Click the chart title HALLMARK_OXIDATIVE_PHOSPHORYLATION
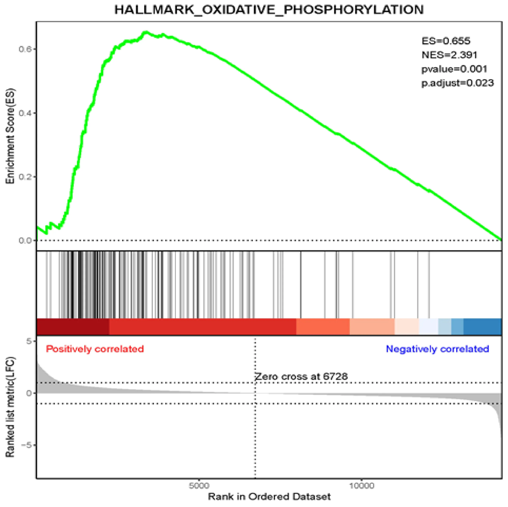click(269, 10)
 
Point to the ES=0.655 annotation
click(446, 41)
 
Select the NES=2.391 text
click(449, 55)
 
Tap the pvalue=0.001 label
click(454, 69)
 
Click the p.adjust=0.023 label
click(457, 83)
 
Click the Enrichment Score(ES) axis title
click(11, 136)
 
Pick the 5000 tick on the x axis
click(199, 486)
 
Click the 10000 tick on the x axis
click(362, 486)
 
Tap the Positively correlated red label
click(95, 349)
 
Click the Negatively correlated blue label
click(437, 349)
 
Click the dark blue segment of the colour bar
click(482, 327)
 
